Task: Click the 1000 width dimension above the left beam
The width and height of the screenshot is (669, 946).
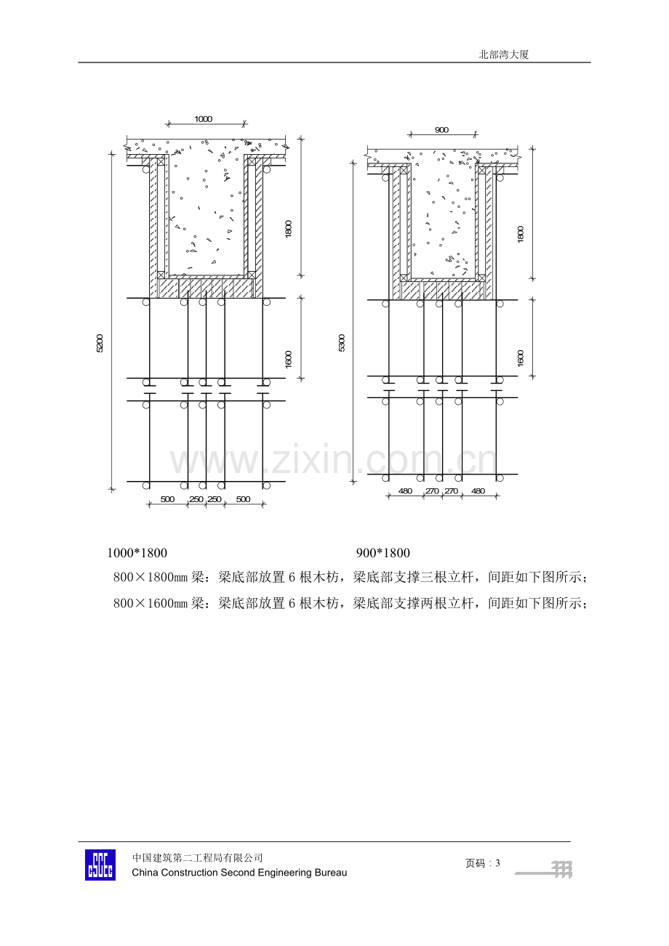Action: click(203, 119)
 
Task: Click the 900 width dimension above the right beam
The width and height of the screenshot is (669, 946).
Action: click(441, 130)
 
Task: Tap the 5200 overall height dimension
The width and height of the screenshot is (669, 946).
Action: click(100, 344)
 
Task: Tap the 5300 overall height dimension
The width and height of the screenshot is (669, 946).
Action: click(342, 343)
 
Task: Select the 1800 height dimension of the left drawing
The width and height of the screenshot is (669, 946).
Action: click(289, 229)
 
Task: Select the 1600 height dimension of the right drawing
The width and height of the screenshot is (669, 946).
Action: click(520, 358)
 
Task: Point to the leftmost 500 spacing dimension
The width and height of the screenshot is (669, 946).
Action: click(167, 499)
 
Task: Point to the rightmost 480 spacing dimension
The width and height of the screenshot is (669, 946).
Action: click(478, 491)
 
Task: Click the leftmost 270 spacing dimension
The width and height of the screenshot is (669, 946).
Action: click(432, 491)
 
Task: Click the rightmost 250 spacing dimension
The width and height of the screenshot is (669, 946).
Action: click(215, 499)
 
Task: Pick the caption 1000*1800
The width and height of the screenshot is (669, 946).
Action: click(137, 553)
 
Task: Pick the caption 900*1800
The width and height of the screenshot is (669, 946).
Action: click(383, 553)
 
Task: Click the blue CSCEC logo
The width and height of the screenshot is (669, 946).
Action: click(100, 865)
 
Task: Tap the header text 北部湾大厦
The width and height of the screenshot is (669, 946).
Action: click(504, 54)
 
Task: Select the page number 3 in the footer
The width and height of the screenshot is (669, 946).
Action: click(498, 863)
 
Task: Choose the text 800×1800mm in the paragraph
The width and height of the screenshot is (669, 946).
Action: click(150, 577)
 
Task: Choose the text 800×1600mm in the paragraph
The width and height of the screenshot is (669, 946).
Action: click(150, 603)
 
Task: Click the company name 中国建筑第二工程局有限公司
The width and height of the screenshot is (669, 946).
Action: click(197, 858)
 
